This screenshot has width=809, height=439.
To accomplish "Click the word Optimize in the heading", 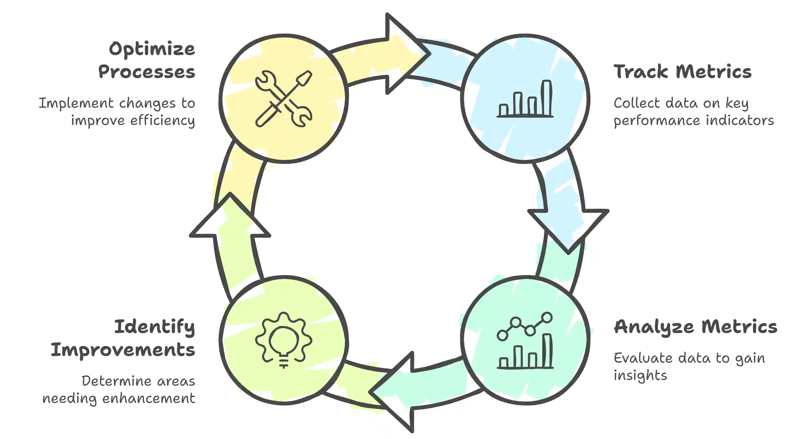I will point(152,50).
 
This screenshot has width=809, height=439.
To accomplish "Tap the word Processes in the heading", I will point(147,72).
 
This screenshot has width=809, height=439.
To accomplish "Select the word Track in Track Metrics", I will point(640,72).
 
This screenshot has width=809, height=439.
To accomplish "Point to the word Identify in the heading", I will point(155,327).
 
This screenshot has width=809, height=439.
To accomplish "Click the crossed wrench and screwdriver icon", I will point(284,99).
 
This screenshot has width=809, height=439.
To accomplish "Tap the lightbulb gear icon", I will point(284,340).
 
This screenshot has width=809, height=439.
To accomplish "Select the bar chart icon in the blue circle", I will point(525,99).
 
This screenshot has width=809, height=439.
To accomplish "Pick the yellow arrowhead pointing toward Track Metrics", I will point(406,54).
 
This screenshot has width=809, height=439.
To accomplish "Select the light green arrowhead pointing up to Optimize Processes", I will point(230,217).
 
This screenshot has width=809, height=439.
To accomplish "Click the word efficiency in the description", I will point(162,121).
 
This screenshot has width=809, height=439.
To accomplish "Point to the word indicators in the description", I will point(740,121).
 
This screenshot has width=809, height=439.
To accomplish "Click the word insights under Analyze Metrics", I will point(640,375).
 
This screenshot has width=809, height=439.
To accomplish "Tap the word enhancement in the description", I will point(149,398).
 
